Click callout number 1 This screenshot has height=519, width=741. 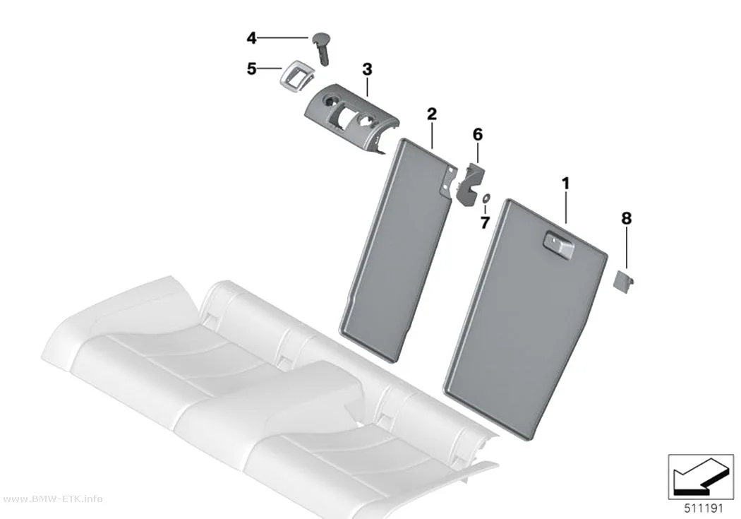pos(565,184)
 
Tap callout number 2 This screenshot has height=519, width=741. pos(431,114)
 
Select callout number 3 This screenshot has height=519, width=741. pos(367,69)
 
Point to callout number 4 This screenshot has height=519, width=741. pos(251,38)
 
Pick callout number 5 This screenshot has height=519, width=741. pos(251,69)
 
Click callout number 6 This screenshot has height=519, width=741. pos(478,135)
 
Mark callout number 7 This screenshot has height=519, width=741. pos(485,222)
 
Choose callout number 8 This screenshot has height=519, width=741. pos(626,218)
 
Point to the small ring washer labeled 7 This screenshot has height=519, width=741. pos(486,198)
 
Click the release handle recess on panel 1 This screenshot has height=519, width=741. pos(559,245)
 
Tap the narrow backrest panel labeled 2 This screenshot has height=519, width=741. pos(396,251)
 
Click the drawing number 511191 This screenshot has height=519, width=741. pos(704,508)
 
